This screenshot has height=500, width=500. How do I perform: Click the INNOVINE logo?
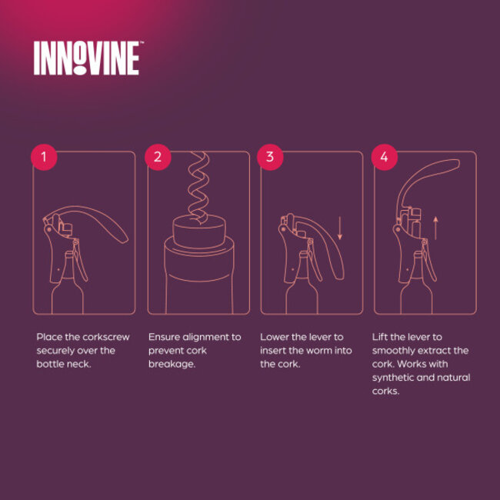pos(87,58)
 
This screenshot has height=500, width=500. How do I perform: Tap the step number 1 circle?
pos(44,157)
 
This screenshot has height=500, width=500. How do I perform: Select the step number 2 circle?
pos(158,157)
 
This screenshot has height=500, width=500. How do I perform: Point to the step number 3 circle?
pos(269,157)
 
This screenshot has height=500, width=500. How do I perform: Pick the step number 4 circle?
pos(384,157)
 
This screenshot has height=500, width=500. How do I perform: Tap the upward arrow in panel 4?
pos(435,228)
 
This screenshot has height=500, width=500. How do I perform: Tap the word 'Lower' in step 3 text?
pos(275,337)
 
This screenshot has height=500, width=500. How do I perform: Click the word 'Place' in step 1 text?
pos(50,337)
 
